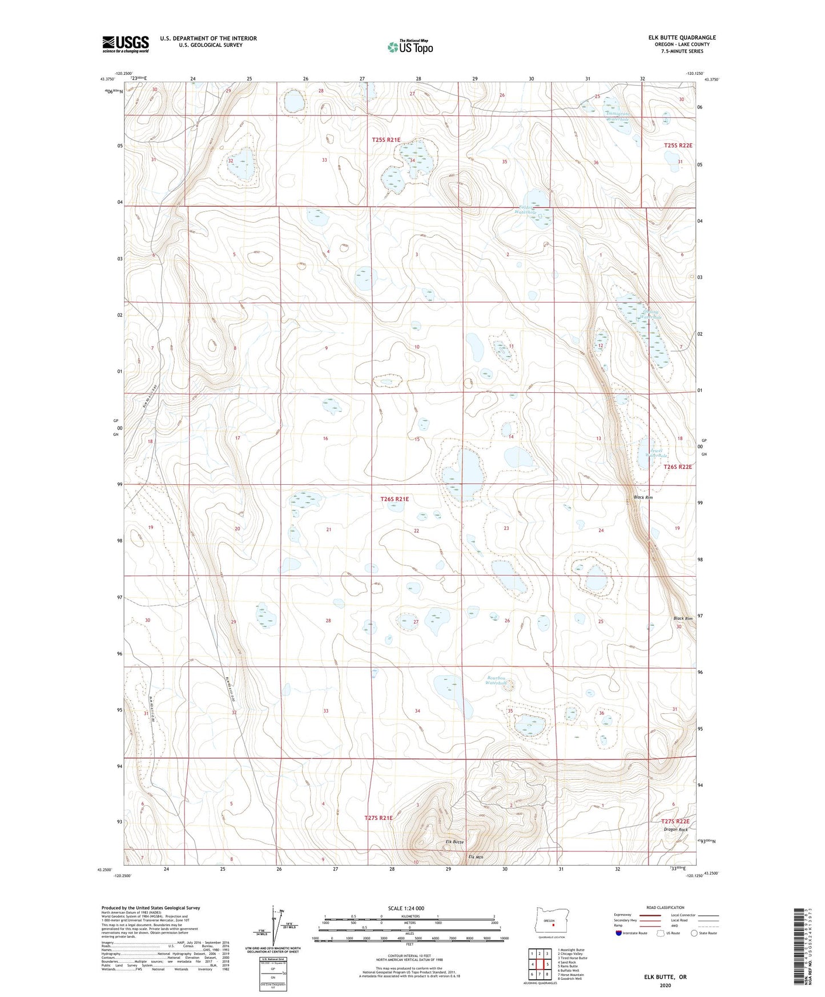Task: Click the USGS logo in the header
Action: pyautogui.click(x=126, y=44)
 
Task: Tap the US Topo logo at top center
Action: pyautogui.click(x=410, y=46)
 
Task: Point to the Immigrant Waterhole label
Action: pyautogui.click(x=618, y=116)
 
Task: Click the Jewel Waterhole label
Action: pyautogui.click(x=656, y=453)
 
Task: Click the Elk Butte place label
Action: pyautogui.click(x=454, y=842)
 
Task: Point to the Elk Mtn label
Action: pyautogui.click(x=475, y=857)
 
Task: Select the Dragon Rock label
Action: pyautogui.click(x=675, y=829)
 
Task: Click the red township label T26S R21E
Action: pyautogui.click(x=394, y=499)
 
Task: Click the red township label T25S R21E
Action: pyautogui.click(x=386, y=140)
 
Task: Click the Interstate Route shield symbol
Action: pyautogui.click(x=619, y=933)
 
